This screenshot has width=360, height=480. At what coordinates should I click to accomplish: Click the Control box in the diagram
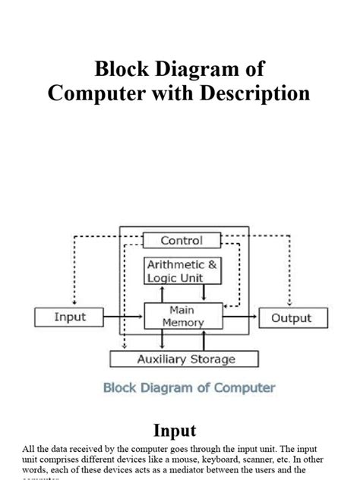point(182,241)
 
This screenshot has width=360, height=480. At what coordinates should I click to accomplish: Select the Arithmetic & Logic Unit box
point(183,271)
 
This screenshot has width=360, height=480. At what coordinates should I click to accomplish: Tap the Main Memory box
point(183,317)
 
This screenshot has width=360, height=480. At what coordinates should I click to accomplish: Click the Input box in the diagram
point(70,317)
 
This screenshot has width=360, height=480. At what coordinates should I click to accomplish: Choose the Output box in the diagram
point(292,317)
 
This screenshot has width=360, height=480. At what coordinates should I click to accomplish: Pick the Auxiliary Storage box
point(185,359)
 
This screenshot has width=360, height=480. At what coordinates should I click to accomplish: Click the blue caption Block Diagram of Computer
point(189,387)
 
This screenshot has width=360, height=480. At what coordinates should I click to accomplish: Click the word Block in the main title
point(120,69)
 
